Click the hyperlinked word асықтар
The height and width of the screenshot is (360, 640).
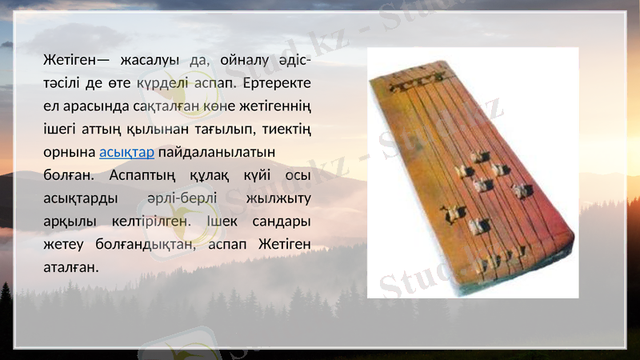point(126,152)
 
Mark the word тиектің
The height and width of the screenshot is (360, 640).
point(286,129)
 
